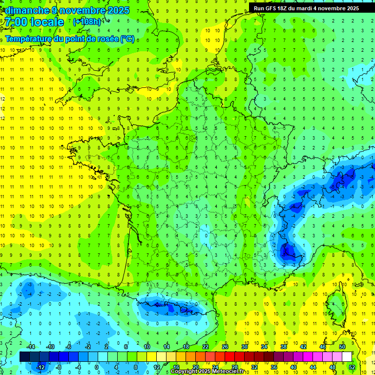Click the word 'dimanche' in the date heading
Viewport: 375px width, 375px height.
(24, 10)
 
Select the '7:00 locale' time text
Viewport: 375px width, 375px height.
(35, 22)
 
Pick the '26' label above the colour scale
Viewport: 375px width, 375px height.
(225, 347)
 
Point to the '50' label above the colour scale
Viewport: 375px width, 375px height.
(342, 347)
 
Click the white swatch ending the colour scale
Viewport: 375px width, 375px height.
(347, 357)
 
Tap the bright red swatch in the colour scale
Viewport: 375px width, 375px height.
(229, 357)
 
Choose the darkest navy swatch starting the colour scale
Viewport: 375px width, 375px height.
(24, 357)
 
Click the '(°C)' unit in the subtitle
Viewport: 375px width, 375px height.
(127, 39)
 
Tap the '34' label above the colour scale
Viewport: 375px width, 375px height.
(264, 347)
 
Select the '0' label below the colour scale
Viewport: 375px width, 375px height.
(97, 367)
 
